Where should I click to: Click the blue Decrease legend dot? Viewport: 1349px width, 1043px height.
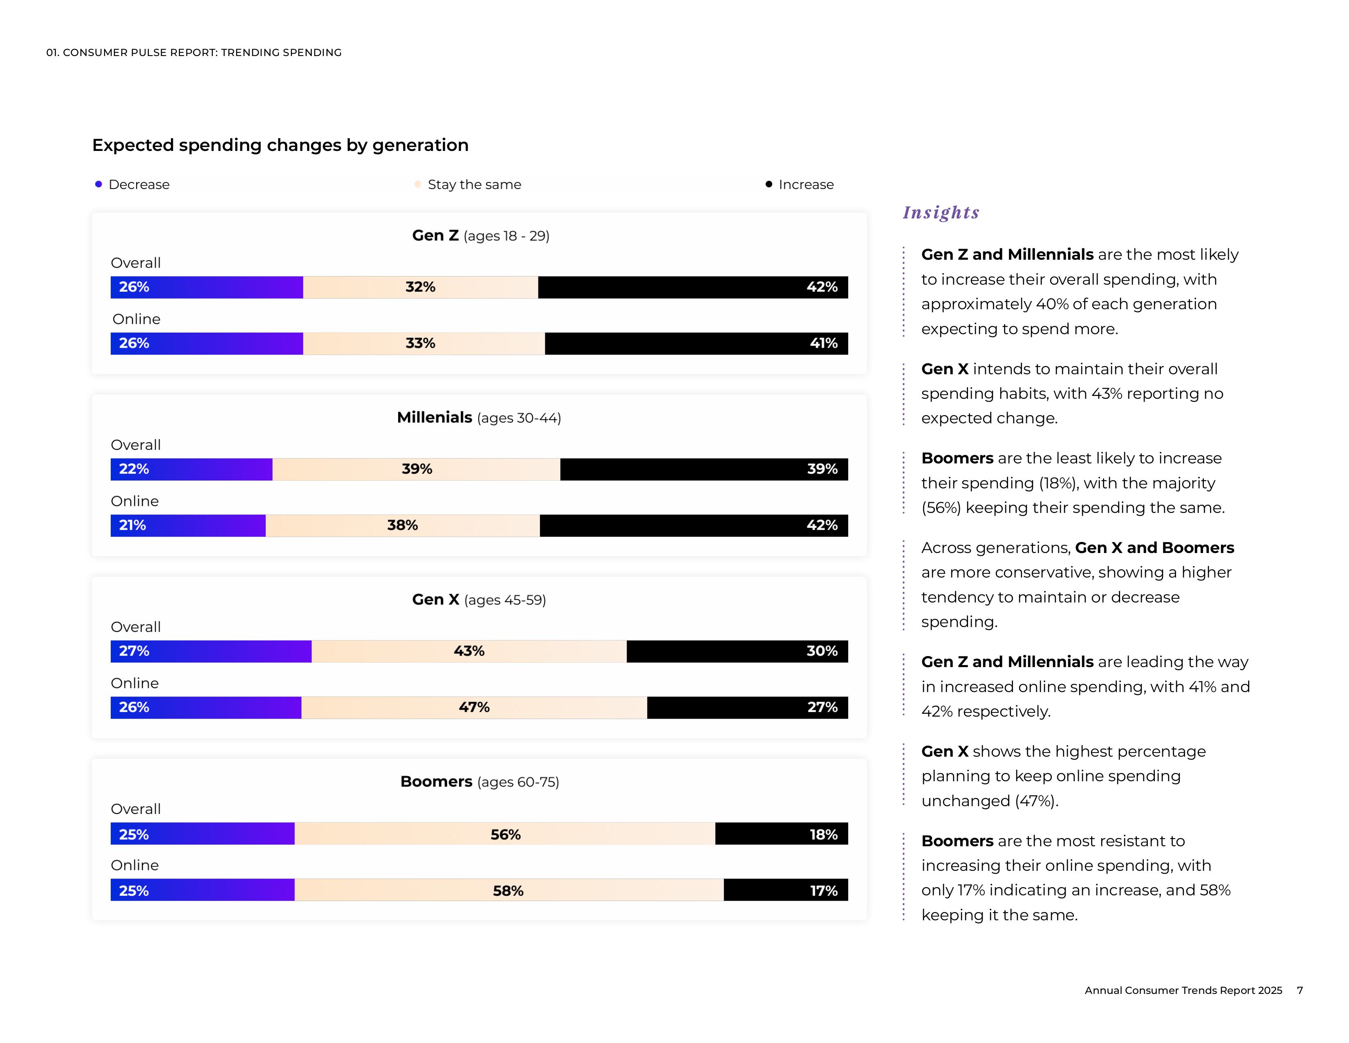(x=98, y=184)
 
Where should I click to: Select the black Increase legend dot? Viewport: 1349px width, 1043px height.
(x=769, y=184)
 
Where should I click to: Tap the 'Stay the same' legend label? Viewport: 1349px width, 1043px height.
(x=474, y=185)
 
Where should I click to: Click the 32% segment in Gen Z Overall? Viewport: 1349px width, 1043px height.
(x=420, y=287)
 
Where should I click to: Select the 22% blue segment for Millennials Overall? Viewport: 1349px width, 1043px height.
(x=191, y=469)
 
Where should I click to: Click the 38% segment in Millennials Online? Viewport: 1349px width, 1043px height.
(x=402, y=525)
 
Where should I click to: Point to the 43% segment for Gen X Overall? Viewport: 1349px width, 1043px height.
(x=469, y=651)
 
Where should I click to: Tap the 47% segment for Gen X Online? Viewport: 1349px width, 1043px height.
(x=474, y=708)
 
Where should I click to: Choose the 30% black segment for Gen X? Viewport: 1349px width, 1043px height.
(x=737, y=651)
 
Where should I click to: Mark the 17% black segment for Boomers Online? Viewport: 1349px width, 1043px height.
(x=786, y=890)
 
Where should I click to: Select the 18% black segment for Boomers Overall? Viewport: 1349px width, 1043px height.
(x=781, y=834)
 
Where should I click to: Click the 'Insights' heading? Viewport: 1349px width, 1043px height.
(x=941, y=213)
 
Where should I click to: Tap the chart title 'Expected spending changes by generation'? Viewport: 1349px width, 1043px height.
(x=280, y=145)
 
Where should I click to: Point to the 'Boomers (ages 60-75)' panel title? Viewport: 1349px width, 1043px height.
(x=480, y=782)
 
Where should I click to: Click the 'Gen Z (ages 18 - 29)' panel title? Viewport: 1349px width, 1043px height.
(x=481, y=236)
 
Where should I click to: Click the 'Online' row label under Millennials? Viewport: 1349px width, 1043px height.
(x=134, y=501)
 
